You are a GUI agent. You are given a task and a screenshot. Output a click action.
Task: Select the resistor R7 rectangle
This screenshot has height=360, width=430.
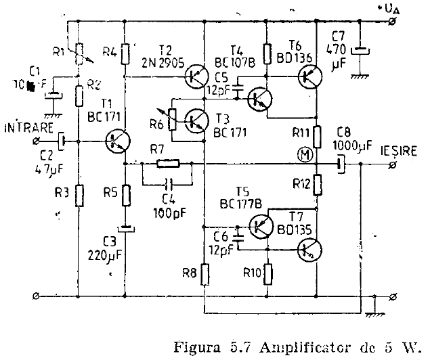167,162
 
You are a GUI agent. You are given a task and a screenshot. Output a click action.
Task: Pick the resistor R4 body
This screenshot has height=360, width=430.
126,53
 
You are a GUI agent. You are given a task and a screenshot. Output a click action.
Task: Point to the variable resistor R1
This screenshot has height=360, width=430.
79,51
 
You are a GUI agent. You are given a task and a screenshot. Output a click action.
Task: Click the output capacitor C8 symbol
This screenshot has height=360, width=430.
341,162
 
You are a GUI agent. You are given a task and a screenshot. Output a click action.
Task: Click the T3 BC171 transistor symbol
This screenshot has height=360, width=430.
196,121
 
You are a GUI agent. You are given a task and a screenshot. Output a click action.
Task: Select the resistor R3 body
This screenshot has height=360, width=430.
79,196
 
